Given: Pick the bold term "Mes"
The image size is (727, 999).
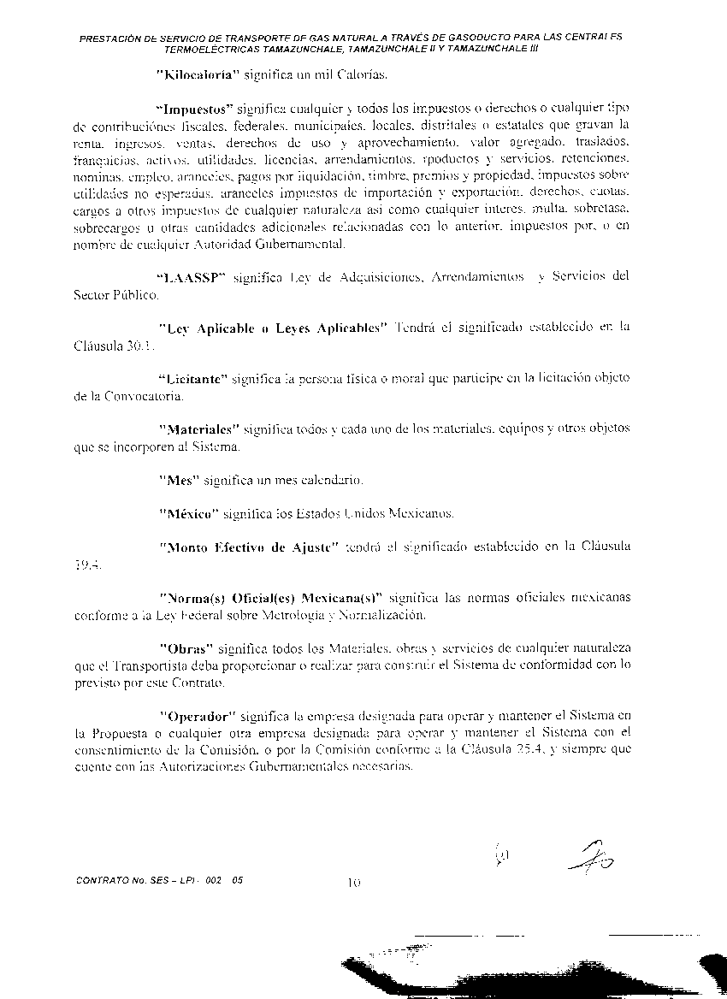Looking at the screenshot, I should [x=179, y=480].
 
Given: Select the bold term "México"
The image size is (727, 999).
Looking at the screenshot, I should [x=187, y=513].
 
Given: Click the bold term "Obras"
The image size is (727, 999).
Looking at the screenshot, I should [x=186, y=648].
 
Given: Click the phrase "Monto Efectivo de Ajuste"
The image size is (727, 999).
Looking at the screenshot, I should [x=249, y=547].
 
